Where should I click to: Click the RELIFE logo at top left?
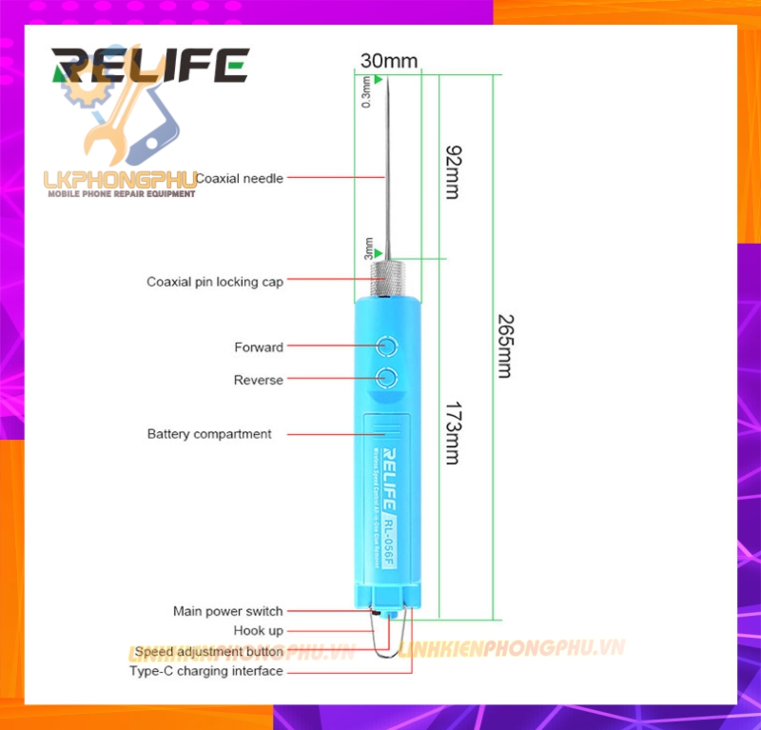tap(150, 67)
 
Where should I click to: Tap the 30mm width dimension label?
tap(388, 61)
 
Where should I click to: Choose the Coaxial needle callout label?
tap(239, 178)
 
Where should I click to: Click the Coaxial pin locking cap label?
tap(215, 282)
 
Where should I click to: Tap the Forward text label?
tap(259, 347)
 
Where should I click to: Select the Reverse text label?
tap(259, 380)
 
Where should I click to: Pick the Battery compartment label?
tap(209, 434)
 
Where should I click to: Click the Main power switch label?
tap(227, 611)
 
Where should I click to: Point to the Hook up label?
tap(258, 630)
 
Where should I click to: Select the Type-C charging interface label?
tap(206, 671)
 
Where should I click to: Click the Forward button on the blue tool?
tap(386, 346)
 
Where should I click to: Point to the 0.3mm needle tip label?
tap(368, 92)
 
